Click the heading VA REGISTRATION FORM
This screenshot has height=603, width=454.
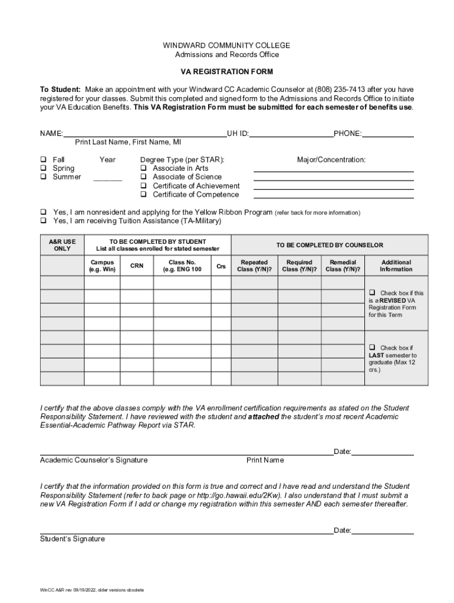point(226,72)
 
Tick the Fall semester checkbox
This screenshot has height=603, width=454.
point(43,160)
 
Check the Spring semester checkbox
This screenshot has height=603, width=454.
point(43,168)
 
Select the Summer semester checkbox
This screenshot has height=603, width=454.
point(43,177)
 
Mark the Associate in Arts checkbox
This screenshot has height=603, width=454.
point(143,168)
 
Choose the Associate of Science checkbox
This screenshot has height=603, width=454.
point(143,177)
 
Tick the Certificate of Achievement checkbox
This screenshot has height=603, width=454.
point(143,186)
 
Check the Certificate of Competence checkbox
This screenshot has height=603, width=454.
point(143,195)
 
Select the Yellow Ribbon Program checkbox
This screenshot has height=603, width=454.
point(43,213)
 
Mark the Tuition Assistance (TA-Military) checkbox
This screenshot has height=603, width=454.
point(43,221)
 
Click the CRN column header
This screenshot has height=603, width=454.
point(137,266)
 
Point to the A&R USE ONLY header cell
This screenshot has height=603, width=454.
point(62,245)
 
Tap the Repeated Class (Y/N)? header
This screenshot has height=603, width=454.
point(254,266)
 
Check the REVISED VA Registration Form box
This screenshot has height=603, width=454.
point(372,293)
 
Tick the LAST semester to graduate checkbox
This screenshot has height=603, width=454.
point(372,347)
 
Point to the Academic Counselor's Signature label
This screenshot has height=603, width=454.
point(94,460)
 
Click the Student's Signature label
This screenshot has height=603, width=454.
point(72,539)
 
